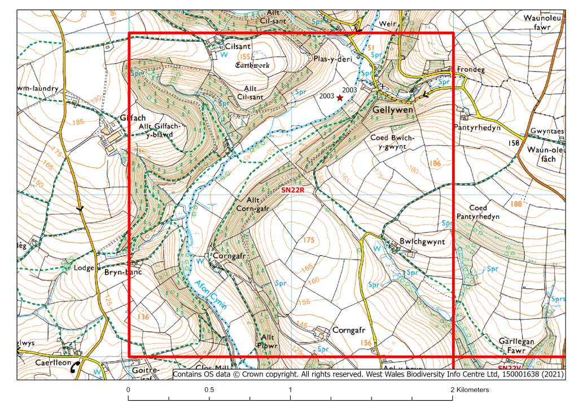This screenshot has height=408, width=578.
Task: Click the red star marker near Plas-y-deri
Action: [340, 97]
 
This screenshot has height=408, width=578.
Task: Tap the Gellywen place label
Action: [393, 110]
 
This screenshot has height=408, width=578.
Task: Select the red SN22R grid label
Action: [293, 190]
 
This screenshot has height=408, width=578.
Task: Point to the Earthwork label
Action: [252, 65]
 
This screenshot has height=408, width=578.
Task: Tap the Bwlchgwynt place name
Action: [422, 241]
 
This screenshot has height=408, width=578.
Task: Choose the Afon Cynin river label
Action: [210, 292]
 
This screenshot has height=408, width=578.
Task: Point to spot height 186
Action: [435, 163]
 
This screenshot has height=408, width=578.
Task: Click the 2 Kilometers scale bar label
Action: [470, 390]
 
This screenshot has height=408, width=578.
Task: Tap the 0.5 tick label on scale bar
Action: [209, 390]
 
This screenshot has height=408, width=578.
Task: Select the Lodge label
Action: [84, 268]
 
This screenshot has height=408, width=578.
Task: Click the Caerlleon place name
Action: [54, 363]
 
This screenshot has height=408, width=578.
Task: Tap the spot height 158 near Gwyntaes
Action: [514, 143]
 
